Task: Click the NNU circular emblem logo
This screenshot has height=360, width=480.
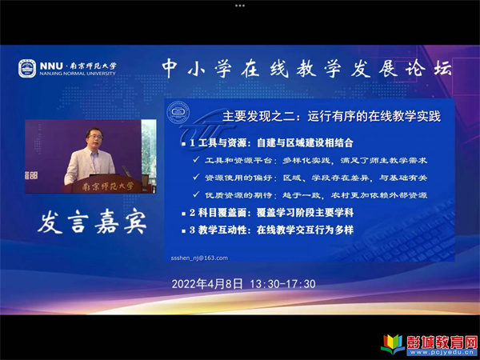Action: [x=27, y=68]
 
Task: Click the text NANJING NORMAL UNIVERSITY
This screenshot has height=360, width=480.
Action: [x=78, y=74]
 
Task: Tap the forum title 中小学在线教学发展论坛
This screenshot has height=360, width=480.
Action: [x=306, y=68]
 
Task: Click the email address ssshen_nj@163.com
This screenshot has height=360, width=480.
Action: [x=199, y=258]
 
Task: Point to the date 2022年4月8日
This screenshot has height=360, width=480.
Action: [x=207, y=284]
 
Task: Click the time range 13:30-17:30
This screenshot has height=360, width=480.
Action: [x=282, y=284]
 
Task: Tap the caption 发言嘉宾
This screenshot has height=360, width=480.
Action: [x=92, y=222]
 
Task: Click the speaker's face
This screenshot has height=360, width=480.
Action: [x=94, y=138]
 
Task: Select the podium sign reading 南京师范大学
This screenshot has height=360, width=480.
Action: [x=107, y=186]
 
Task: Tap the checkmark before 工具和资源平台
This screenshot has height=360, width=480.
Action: [x=196, y=160]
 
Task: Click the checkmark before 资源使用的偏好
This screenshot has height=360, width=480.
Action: [x=196, y=178]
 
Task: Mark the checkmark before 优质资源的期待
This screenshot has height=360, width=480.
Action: [x=196, y=194]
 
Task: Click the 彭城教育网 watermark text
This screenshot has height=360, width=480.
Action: [x=442, y=342]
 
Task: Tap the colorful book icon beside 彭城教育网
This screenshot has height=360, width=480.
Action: [x=393, y=344]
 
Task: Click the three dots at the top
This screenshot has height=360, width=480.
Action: [x=240, y=6]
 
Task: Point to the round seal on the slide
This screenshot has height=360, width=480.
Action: [x=178, y=113]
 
